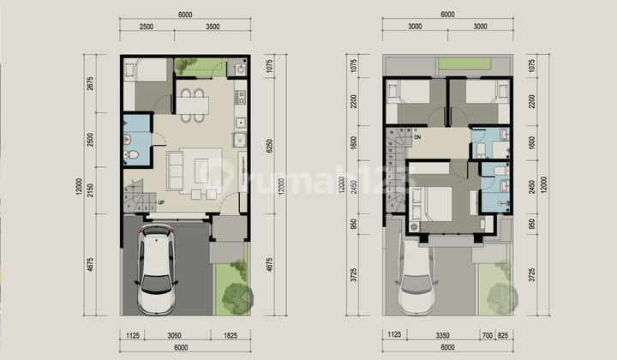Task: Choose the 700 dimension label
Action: click(x=487, y=335)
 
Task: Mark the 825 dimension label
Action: click(x=506, y=335)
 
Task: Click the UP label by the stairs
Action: click(x=160, y=202)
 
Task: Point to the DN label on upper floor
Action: click(x=417, y=137)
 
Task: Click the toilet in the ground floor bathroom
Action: click(x=129, y=155)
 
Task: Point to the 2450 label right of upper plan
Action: click(x=533, y=187)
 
